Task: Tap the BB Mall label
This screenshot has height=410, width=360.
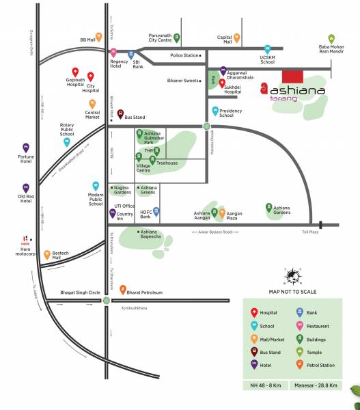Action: [x=87, y=40]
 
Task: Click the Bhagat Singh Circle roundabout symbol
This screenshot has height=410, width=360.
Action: [x=107, y=300]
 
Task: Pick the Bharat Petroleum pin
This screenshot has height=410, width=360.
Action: [x=123, y=290]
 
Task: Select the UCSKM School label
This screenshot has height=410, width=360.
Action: [x=267, y=61]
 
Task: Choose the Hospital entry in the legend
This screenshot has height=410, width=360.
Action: [x=263, y=312]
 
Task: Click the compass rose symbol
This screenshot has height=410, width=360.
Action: [x=293, y=277]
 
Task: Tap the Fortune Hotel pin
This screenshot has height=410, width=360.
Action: [x=26, y=147]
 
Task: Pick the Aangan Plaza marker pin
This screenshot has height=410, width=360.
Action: [x=221, y=213]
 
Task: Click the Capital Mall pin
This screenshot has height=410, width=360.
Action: [x=237, y=38]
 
